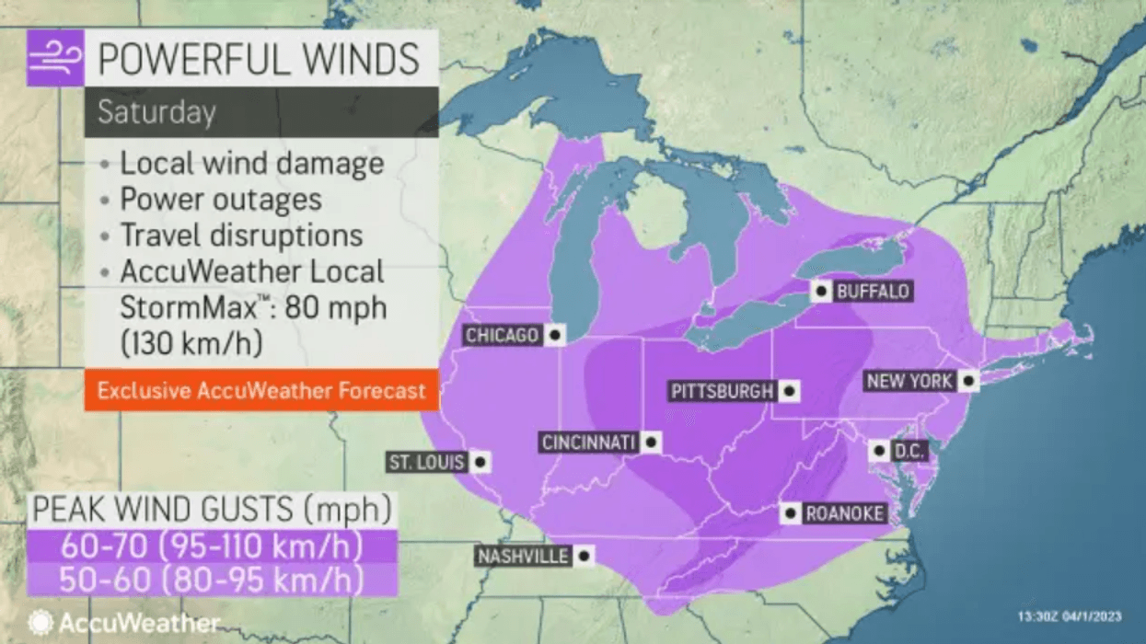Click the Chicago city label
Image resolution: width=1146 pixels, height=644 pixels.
click(502, 336)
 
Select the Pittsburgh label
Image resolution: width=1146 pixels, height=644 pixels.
click(723, 391)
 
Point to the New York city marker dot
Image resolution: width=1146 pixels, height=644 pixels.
click(967, 381)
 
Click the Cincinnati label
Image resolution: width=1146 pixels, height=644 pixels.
click(589, 443)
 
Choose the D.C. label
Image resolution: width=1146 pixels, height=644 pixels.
click(909, 452)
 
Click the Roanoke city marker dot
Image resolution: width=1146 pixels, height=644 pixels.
click(790, 513)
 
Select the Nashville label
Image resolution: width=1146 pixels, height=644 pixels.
click(523, 556)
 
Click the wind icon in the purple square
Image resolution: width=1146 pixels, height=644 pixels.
click(55, 58)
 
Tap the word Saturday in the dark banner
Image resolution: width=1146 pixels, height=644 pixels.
click(156, 112)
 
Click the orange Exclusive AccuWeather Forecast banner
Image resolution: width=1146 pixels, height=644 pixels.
click(261, 391)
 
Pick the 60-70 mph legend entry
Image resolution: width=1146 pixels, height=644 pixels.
click(211, 546)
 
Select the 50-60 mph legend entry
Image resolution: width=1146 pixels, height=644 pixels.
click(211, 581)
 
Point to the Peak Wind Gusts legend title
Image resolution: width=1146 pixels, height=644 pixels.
click(212, 509)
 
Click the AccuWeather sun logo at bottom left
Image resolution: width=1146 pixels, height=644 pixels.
click(41, 623)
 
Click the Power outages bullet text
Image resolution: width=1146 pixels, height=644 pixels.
click(221, 200)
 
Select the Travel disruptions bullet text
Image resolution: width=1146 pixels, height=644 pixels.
click(241, 235)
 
